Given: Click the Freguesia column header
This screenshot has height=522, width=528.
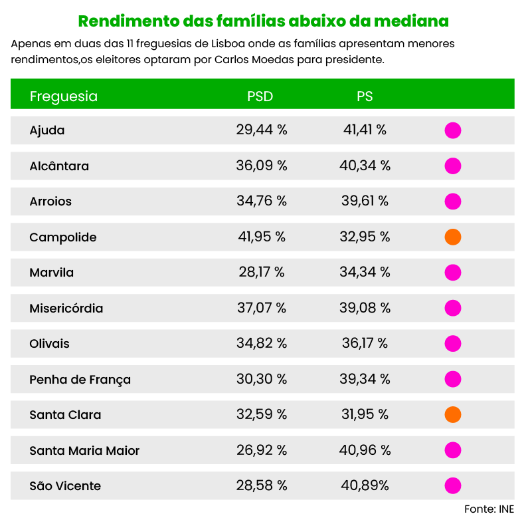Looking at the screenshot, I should pos(64,96).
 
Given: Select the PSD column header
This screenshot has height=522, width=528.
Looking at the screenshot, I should pos(260,96).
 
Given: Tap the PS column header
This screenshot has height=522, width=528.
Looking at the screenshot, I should pos(365,96).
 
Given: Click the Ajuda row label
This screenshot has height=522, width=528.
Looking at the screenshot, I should pos(47,130).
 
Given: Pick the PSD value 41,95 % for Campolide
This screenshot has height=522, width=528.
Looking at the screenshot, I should pos(262,237).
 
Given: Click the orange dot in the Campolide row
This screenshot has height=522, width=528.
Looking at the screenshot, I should pos(453,237).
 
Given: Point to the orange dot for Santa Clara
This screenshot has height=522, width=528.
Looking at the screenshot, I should pos(453,415).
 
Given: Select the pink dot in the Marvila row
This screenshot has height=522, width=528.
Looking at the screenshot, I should pos(453,273).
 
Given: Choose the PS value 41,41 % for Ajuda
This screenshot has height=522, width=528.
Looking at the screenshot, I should pos(365,130).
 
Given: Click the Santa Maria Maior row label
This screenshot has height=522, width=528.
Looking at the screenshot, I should pos(84,451).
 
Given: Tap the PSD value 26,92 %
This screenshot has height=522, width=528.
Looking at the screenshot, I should pos(262,451).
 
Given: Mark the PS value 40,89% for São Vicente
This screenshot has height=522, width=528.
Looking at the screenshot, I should pos(365,486).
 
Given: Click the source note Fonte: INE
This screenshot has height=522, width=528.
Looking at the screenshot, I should pos(489,509).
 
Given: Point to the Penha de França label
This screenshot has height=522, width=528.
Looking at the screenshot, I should pos(80,380).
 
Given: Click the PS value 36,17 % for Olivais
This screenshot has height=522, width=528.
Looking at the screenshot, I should pos(365,344).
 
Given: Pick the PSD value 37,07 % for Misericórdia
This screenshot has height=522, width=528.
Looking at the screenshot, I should pos(262,309).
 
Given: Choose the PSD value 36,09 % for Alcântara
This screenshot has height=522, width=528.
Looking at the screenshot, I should pos(262,166).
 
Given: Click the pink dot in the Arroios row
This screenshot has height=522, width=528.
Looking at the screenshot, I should pos(453,201).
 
